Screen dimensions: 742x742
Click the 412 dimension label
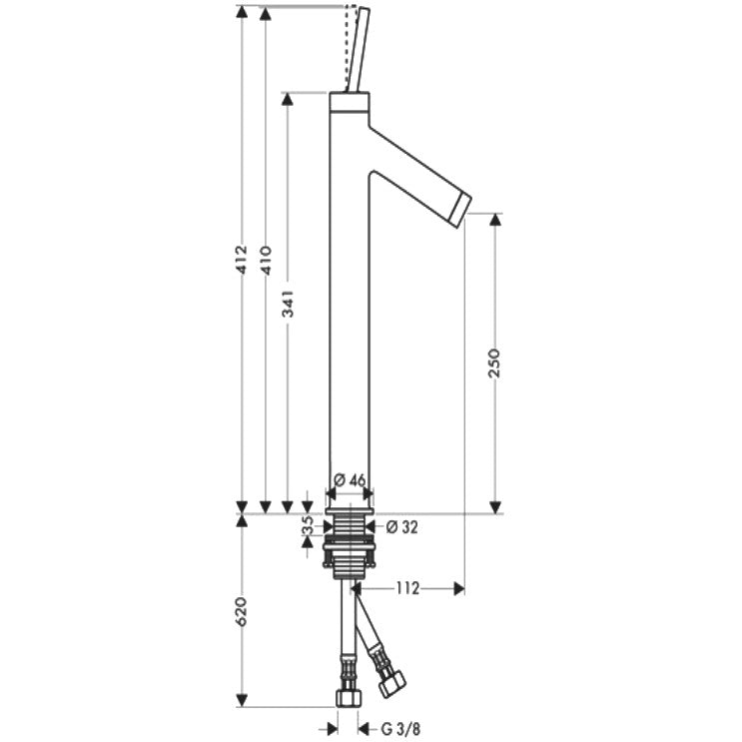point(242,260)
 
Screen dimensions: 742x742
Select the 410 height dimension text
point(266,261)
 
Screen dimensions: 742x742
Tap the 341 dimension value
point(289,305)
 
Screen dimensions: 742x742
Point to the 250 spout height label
point(493,363)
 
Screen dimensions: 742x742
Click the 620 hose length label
point(242,611)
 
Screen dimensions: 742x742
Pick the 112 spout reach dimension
point(407,588)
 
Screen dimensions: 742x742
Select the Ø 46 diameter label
point(350,480)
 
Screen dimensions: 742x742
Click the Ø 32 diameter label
point(402,527)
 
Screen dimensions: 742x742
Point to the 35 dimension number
point(308,525)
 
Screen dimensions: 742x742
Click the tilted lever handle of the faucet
point(358,49)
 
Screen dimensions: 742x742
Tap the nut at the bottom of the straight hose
point(349,697)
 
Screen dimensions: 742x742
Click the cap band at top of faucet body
point(350,102)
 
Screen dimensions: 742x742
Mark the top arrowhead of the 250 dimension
point(495,220)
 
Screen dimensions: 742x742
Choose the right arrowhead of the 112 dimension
point(458,588)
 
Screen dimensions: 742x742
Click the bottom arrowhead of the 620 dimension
point(242,700)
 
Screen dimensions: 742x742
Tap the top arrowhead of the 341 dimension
point(288,99)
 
